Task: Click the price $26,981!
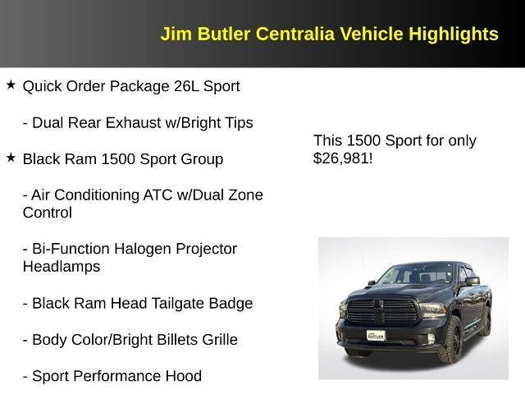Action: [x=343, y=158]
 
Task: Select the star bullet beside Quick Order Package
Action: [x=11, y=85]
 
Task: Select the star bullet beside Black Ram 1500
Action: [x=11, y=158]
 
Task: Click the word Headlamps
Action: [x=62, y=267]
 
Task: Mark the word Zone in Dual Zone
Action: [x=245, y=195]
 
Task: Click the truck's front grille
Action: [x=383, y=311]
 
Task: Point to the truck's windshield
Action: [x=418, y=275]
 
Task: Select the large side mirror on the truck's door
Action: [x=472, y=282]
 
